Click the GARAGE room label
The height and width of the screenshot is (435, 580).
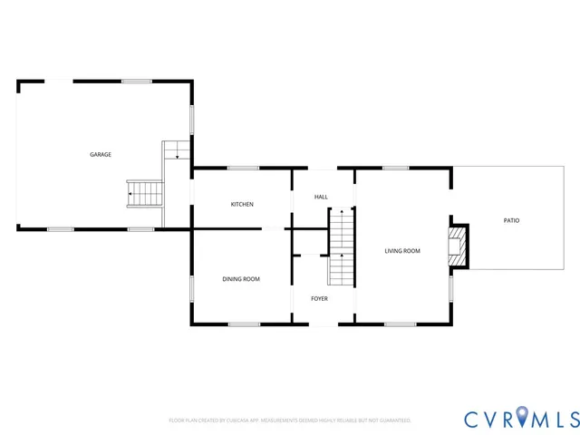(x=101, y=155)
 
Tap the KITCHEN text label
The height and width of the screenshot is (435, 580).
(x=242, y=205)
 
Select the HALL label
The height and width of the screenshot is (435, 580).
(x=321, y=197)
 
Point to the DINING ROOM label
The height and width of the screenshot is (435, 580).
(x=241, y=279)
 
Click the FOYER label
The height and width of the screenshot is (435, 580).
(x=319, y=298)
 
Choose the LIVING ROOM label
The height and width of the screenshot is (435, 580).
(x=402, y=251)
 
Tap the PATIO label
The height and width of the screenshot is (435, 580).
(x=511, y=220)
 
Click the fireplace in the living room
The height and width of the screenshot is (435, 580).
(x=460, y=246)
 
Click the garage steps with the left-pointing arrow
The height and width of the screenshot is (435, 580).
(x=146, y=192)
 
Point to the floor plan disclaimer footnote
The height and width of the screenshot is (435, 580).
(x=290, y=420)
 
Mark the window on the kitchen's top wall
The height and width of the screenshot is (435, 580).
(x=243, y=168)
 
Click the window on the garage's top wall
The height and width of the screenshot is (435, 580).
(x=137, y=82)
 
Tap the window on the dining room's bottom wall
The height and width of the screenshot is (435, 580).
(x=244, y=324)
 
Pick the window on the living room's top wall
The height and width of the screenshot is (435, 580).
(x=395, y=168)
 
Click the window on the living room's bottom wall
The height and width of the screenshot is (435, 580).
(x=400, y=324)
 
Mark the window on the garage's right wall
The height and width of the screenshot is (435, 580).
(x=191, y=121)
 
